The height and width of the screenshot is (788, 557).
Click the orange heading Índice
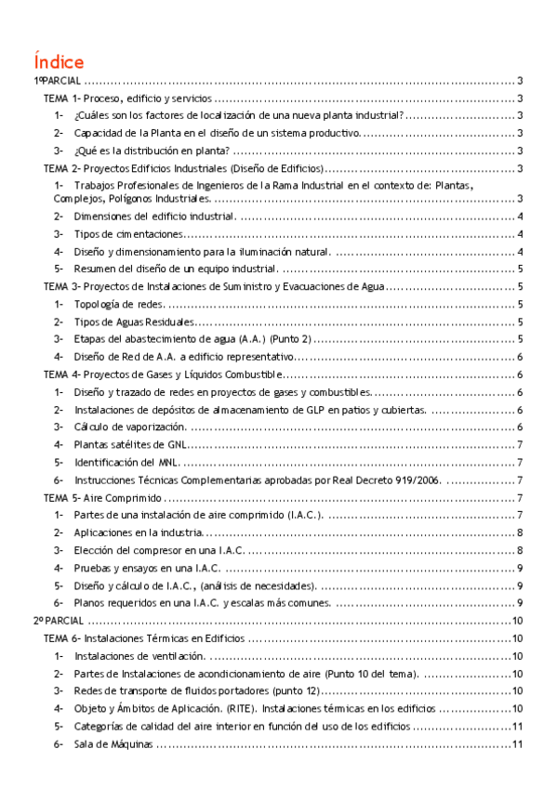pos(59,61)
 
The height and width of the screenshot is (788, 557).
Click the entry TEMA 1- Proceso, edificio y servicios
pos(129,98)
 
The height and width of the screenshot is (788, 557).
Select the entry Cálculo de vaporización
pos(130,427)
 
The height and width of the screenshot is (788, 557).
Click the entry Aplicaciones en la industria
pos(138,532)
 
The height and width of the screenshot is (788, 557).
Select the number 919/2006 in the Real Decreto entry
pos(415,480)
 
